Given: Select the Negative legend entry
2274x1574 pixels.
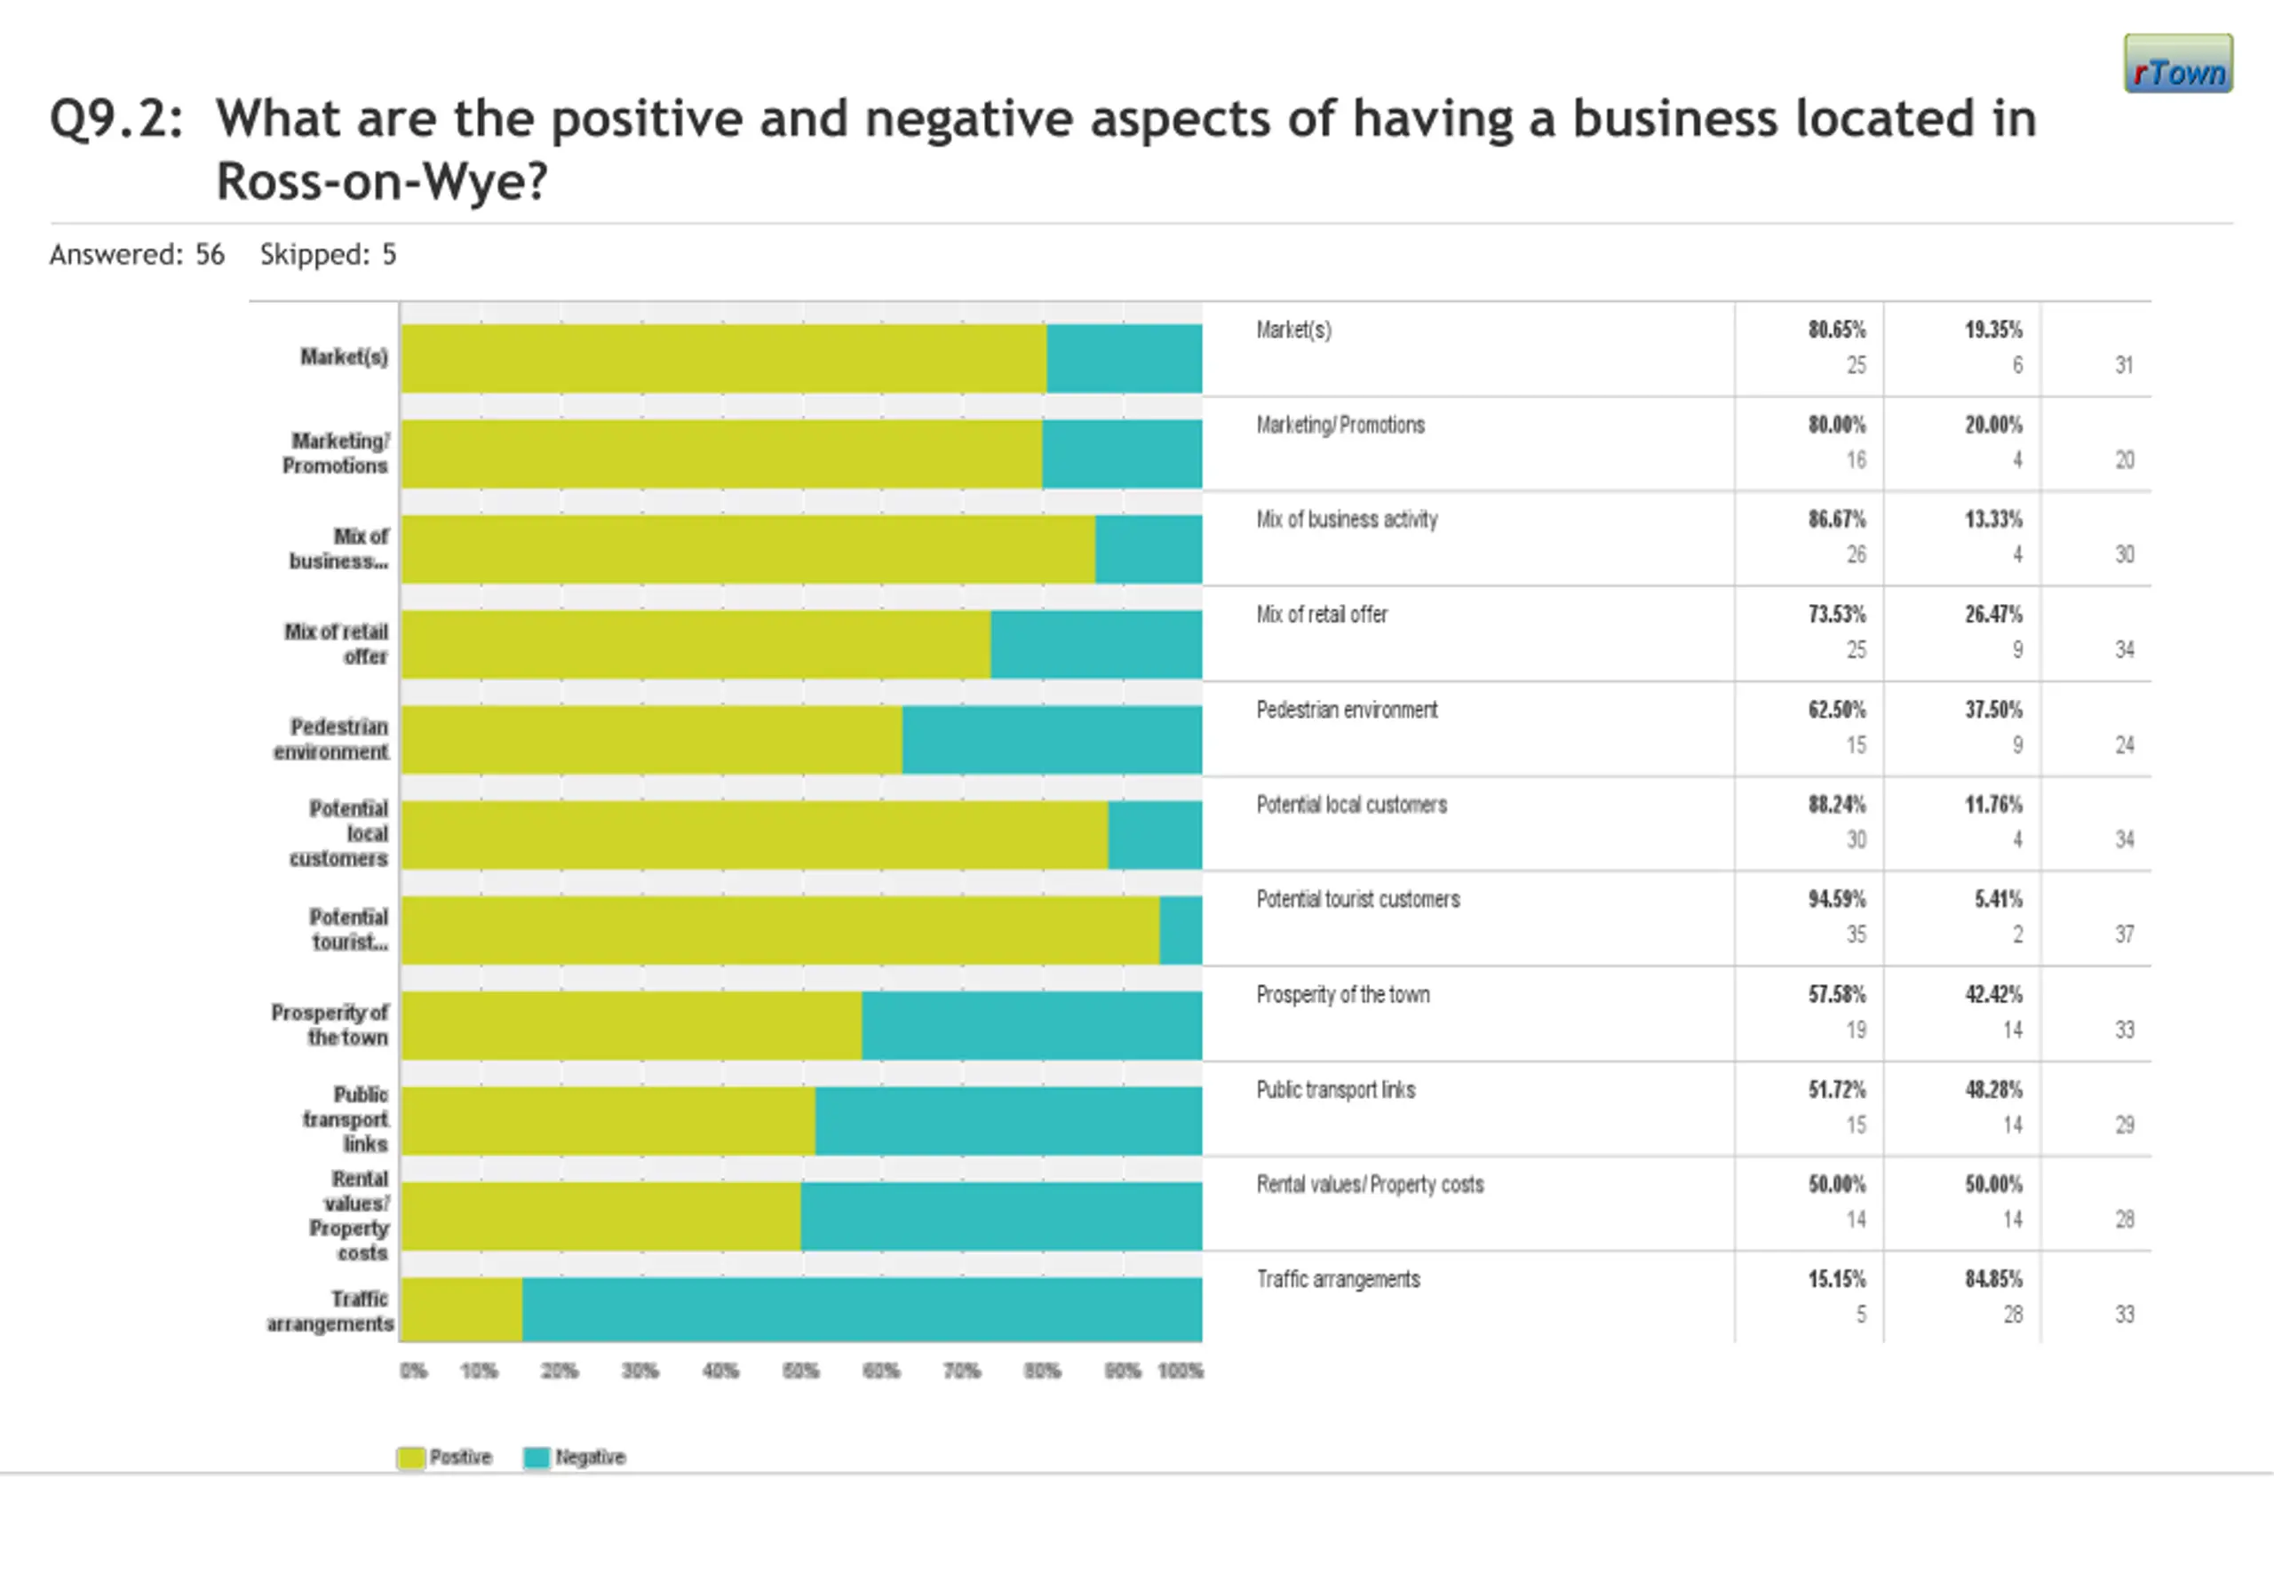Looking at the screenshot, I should point(574,1457).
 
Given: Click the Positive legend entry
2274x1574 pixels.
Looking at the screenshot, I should point(445,1457).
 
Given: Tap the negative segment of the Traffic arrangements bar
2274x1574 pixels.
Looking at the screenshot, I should point(862,1308).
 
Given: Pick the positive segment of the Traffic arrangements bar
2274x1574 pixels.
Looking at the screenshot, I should point(462,1308).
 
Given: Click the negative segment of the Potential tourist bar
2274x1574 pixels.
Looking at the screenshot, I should point(1181,929).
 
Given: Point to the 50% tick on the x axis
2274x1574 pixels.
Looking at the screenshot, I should point(799,1371).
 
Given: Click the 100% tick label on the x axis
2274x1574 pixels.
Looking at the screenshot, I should point(1180,1371).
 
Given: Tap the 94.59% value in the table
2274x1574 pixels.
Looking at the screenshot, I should point(1836,900).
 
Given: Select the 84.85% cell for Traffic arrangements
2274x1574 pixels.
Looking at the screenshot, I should point(1993,1279).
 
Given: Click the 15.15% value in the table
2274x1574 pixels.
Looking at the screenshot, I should point(1836,1279).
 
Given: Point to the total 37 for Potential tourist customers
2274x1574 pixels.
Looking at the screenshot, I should point(2124,934).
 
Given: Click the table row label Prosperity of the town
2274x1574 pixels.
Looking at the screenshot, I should point(1342,994).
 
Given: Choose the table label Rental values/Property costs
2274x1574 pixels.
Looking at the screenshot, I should point(1370,1184).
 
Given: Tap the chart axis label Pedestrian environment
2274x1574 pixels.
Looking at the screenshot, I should point(331,739).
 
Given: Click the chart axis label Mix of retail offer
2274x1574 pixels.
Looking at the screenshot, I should point(337,643).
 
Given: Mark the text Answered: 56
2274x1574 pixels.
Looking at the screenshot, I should point(137,254).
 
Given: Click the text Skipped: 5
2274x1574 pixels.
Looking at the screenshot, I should point(328,254).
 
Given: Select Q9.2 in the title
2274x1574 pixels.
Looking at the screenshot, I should point(115,119).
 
